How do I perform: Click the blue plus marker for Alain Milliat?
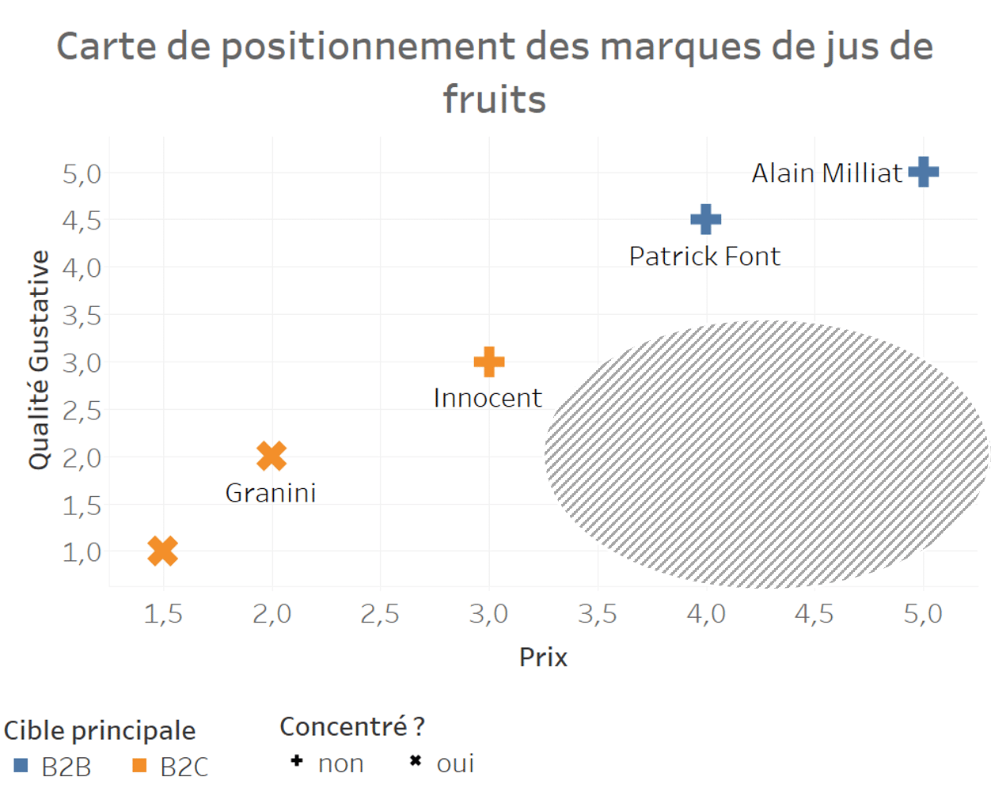click(923, 172)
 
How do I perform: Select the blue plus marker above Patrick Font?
click(706, 219)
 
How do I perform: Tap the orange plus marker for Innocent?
click(489, 362)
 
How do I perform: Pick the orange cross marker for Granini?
click(271, 456)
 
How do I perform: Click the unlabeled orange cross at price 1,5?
click(163, 551)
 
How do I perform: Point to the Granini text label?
click(271, 493)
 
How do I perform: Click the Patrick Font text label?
click(704, 256)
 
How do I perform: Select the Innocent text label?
click(488, 397)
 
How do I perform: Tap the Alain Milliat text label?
click(826, 172)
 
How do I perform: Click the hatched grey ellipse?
click(766, 454)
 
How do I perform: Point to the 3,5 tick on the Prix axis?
click(598, 615)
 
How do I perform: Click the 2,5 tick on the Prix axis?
click(380, 615)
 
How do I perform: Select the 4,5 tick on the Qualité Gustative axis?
click(82, 220)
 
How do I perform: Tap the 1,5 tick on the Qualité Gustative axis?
click(82, 505)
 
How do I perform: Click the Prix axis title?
click(543, 657)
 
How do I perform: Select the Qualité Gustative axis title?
click(39, 361)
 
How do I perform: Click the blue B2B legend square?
click(21, 765)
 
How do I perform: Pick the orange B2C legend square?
click(140, 765)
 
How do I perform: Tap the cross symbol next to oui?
click(415, 761)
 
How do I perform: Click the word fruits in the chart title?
click(495, 100)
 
